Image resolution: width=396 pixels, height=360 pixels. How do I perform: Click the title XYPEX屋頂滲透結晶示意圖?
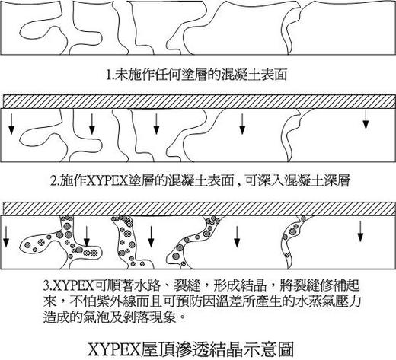[190, 349]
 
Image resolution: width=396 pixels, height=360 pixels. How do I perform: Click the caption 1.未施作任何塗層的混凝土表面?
[196, 75]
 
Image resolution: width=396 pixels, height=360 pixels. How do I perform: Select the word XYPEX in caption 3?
[74, 286]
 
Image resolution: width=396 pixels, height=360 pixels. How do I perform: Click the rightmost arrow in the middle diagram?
[366, 119]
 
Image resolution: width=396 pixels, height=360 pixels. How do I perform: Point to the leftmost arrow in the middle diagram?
[11, 124]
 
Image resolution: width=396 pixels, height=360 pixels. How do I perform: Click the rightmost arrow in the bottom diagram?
[360, 231]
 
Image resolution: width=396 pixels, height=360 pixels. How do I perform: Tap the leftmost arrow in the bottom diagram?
[5, 237]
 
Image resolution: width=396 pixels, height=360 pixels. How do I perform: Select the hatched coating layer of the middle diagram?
[200, 101]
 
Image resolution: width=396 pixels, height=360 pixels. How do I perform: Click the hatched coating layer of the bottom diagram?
[200, 209]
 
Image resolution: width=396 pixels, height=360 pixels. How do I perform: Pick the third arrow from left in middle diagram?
[156, 124]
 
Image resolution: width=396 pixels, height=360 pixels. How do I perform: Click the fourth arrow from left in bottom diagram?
[237, 237]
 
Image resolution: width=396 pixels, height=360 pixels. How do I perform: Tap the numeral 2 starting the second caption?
[53, 181]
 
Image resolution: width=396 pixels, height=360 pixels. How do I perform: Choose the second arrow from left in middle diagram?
[92, 124]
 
